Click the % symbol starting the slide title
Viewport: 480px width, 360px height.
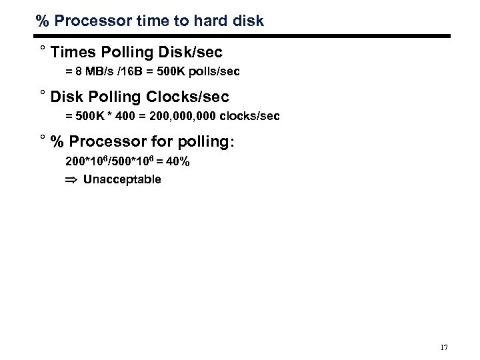click(x=43, y=21)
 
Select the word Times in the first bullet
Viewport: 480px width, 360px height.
click(x=73, y=51)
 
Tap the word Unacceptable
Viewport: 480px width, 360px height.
click(x=122, y=179)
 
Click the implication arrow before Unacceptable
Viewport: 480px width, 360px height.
click(x=71, y=179)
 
